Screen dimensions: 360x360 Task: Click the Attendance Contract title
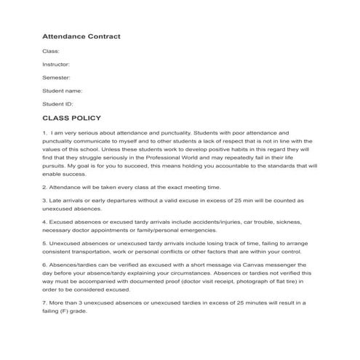(x=81, y=36)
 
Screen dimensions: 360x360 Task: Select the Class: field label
(x=51, y=52)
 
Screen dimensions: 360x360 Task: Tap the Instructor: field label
(x=57, y=65)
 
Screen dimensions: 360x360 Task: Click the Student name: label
(x=63, y=91)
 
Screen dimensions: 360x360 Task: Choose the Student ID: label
(x=58, y=104)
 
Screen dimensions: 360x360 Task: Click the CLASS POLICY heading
(x=72, y=118)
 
